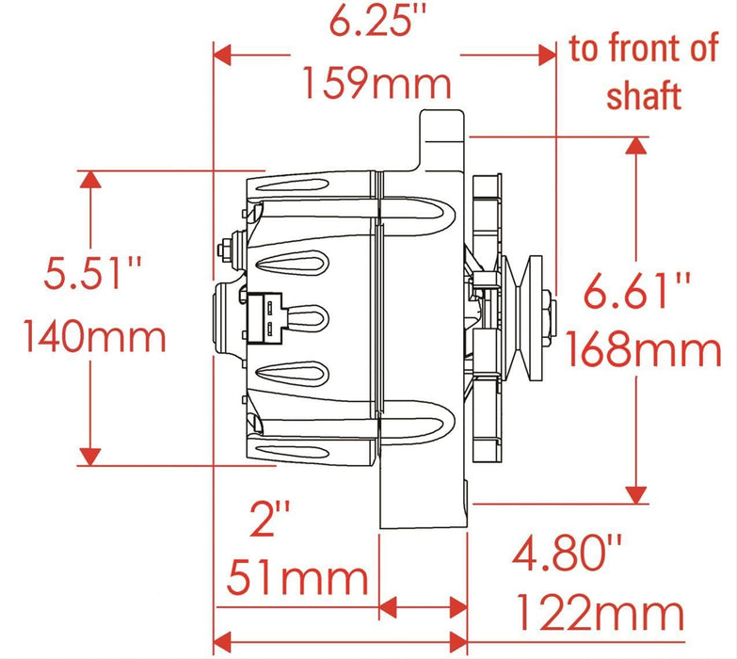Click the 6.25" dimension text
point(376,22)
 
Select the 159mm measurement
point(376,85)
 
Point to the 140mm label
point(94,335)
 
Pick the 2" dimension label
point(271,519)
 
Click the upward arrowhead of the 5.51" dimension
point(89,180)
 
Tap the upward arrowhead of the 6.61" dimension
point(637,145)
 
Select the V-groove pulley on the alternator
point(521,312)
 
